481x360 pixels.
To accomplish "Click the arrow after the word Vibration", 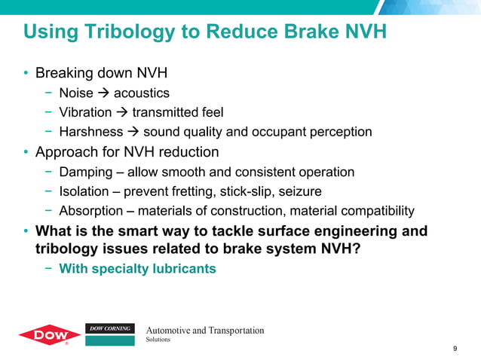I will pos(121,113).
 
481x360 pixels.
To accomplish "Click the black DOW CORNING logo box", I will pos(110,329).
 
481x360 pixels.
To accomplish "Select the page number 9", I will pos(455,348).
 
